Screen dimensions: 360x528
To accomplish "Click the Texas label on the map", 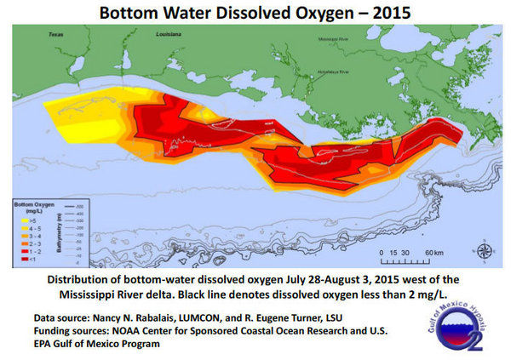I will [x=56, y=36].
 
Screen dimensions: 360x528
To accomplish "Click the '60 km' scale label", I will [x=433, y=253].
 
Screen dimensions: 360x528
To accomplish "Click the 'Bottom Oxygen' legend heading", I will [x=31, y=206].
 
